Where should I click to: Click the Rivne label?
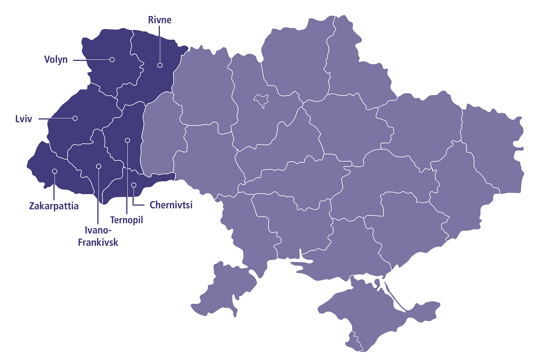coord(159,20)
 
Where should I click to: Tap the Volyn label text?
coord(56,60)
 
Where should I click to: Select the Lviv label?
coord(23,119)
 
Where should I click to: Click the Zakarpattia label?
coord(54,206)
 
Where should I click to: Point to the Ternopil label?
coord(127,220)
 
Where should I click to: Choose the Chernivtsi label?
coord(171,205)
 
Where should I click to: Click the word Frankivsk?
coord(98,242)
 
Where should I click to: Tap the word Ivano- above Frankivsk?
coord(98,230)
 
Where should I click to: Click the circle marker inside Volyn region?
coord(112,60)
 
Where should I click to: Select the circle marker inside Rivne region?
coord(160,65)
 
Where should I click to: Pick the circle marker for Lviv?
coord(75,118)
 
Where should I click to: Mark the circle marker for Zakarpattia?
coord(55,171)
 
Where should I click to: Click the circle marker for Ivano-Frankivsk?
coord(99,166)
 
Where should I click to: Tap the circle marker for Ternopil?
coord(127,140)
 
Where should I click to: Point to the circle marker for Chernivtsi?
coord(134,185)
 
